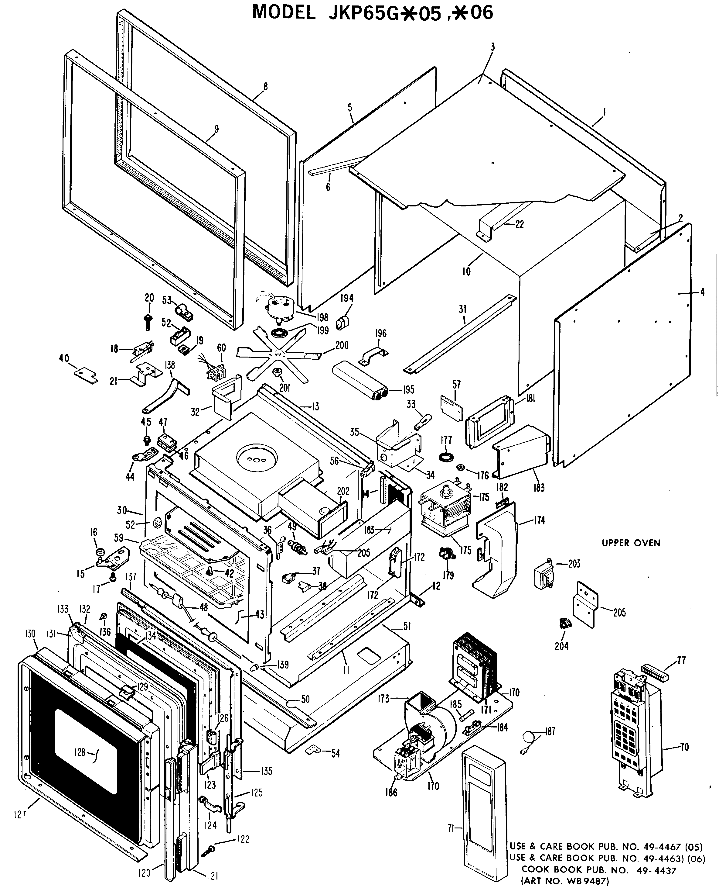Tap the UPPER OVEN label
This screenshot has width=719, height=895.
click(631, 543)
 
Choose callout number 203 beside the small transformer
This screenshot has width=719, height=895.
click(574, 563)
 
